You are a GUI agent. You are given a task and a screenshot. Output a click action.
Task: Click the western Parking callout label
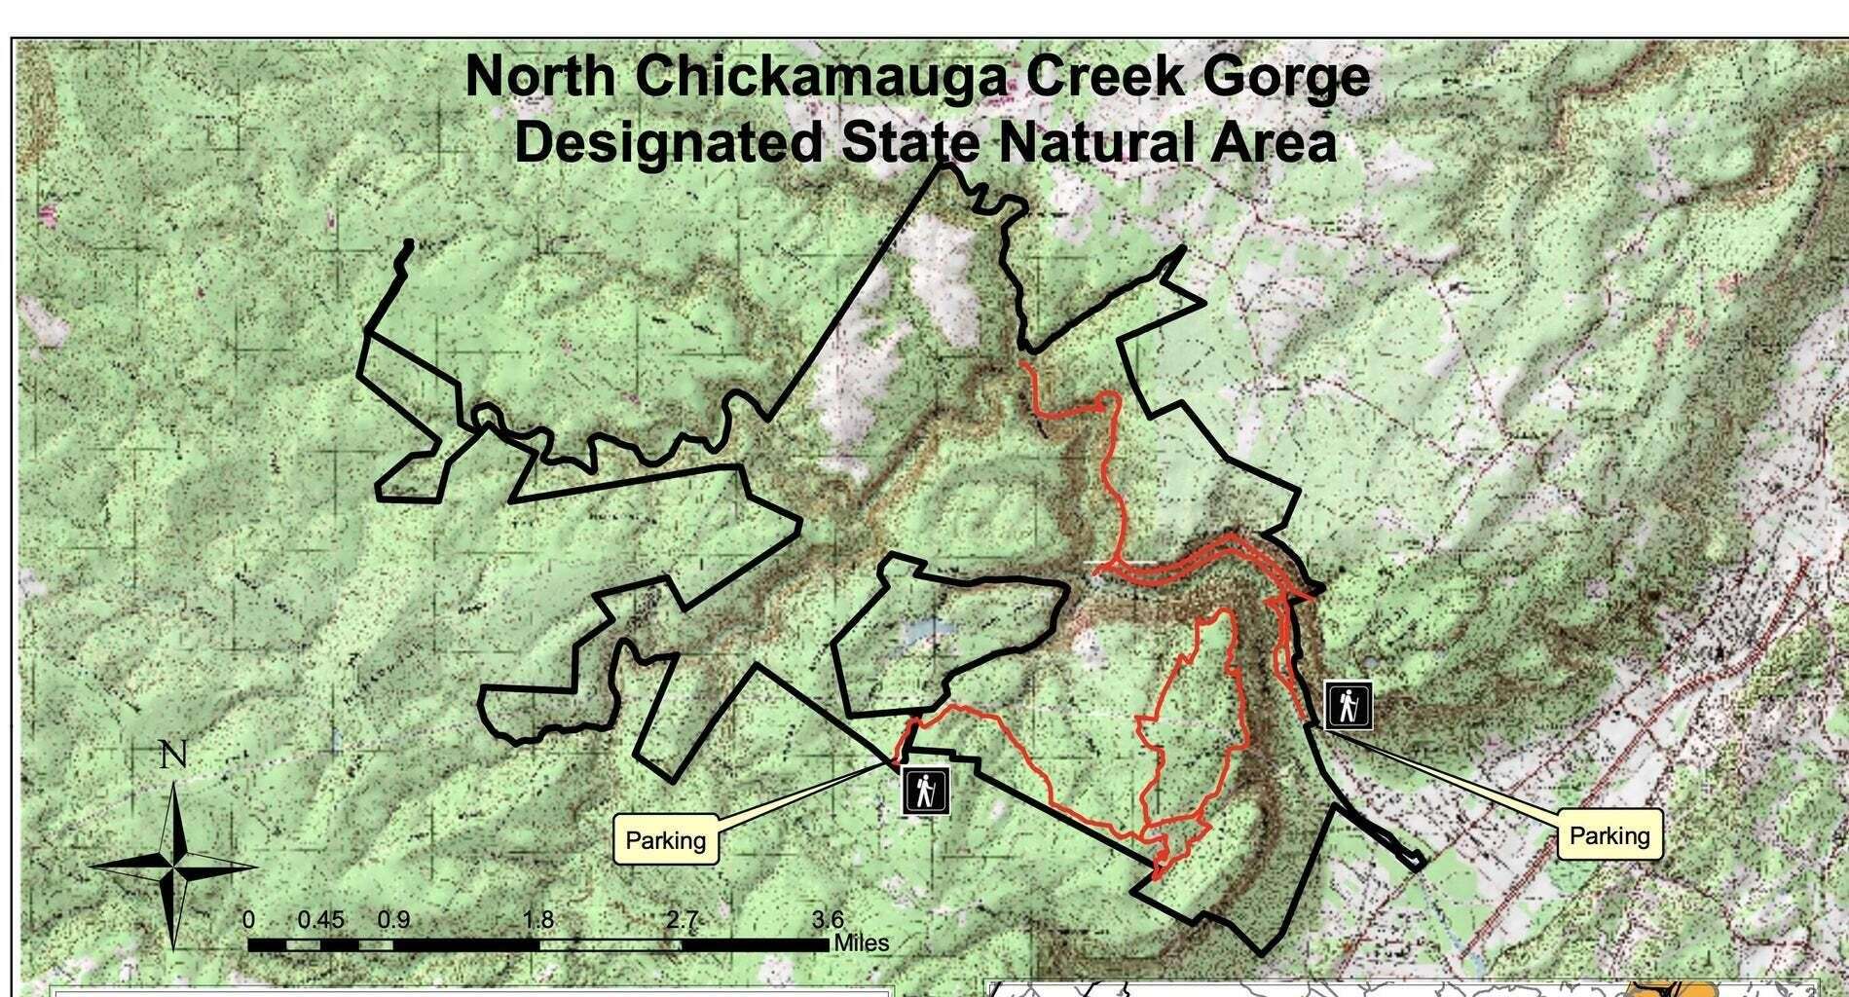pos(666,840)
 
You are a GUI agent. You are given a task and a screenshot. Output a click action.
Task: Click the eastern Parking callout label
pos(1609,835)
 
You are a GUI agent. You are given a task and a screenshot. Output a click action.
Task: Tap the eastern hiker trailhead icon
pos(1349,706)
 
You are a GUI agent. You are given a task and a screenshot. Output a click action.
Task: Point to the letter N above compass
pos(172,756)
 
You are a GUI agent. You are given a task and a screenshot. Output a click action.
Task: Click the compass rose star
pos(175,866)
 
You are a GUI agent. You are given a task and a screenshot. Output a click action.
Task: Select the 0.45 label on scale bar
pos(321,920)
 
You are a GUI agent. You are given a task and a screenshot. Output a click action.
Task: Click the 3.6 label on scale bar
pos(829,919)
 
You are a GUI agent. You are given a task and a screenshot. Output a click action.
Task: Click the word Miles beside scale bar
pos(861,943)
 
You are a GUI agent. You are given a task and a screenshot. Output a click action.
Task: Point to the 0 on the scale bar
pos(249,920)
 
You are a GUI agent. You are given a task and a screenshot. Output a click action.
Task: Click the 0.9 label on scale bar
pos(393,920)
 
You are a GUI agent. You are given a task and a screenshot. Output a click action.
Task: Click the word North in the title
pos(539,76)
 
